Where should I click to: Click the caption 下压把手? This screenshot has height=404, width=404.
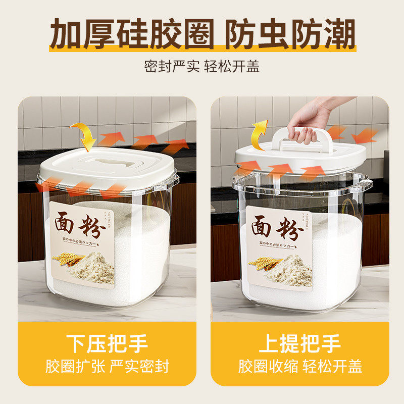tap(107, 343)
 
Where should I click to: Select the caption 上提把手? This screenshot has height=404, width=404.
tap(300, 343)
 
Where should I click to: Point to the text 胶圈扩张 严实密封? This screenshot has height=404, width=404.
tap(107, 366)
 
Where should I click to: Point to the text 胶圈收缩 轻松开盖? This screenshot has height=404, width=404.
tap(300, 366)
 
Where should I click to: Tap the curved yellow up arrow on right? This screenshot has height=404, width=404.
tap(259, 134)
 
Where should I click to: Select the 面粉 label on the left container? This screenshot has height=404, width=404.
tap(82, 242)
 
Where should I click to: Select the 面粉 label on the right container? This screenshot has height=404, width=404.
tap(279, 247)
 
